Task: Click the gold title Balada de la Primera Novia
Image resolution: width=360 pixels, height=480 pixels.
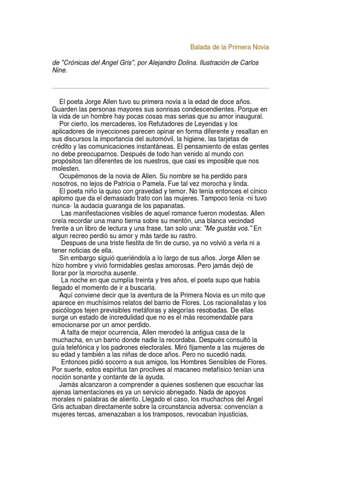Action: (x=230, y=47)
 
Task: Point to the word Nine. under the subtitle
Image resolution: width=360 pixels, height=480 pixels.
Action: (x=60, y=70)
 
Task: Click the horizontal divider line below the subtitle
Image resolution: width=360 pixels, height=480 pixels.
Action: (x=160, y=88)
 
